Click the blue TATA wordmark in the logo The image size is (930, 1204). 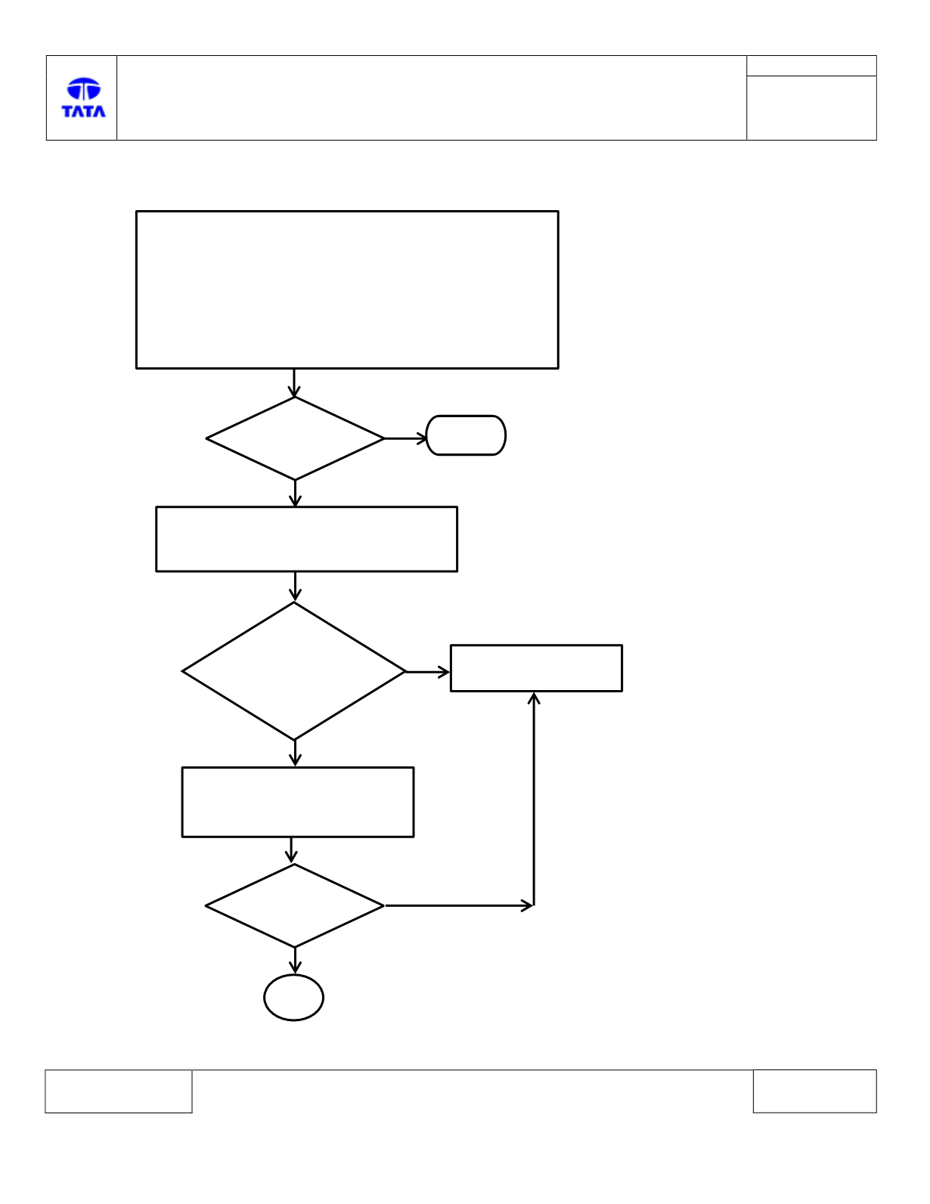[x=83, y=111]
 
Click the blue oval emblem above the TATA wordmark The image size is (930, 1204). [x=84, y=88]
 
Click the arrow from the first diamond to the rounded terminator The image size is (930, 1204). [x=406, y=438]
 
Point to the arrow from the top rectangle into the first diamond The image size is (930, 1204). [x=293, y=383]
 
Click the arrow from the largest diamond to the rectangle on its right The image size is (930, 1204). [x=427, y=672]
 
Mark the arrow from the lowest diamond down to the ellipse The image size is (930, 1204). [x=295, y=961]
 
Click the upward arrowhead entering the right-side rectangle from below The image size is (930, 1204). [x=534, y=698]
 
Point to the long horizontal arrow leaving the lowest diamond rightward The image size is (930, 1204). [x=459, y=906]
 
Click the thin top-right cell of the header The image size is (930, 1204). [x=811, y=66]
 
